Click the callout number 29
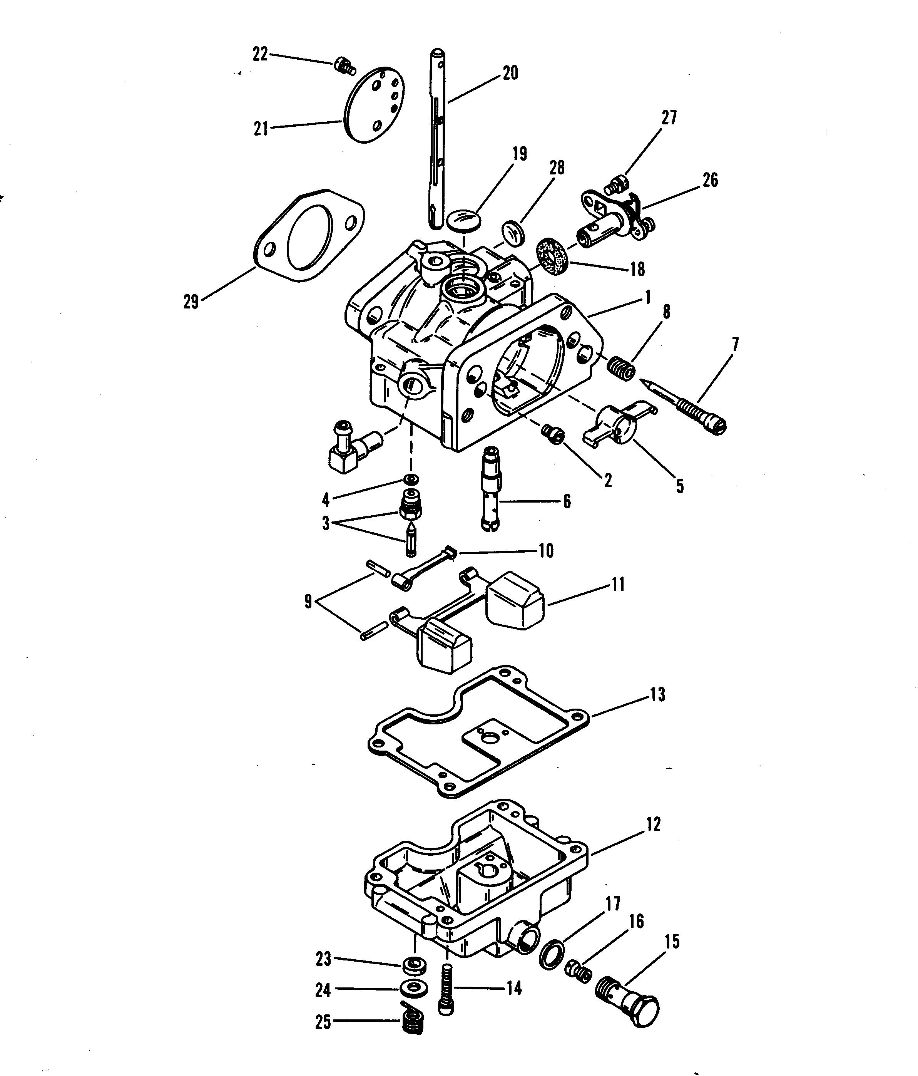point(191,302)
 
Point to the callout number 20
point(510,73)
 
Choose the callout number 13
point(657,695)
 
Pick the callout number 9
point(308,602)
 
